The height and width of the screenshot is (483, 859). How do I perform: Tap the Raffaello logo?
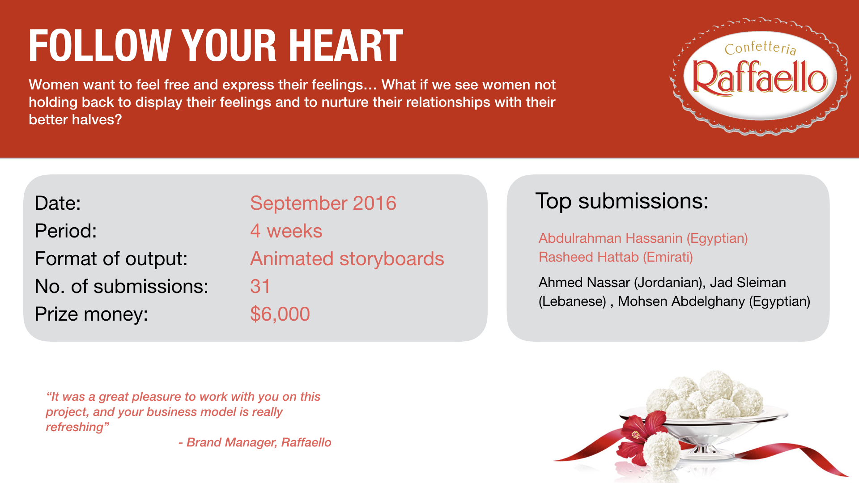[x=760, y=76]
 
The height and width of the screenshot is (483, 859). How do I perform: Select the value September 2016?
[x=323, y=203]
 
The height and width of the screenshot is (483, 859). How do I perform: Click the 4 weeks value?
[x=286, y=231]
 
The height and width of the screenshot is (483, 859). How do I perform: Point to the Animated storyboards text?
[x=347, y=258]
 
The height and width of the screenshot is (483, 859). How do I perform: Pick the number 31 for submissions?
[x=260, y=286]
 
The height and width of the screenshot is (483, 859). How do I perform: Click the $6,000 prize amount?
[x=280, y=314]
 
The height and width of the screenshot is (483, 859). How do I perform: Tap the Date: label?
[x=58, y=203]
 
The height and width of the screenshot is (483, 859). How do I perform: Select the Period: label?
[x=66, y=231]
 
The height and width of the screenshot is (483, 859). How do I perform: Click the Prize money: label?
[x=91, y=314]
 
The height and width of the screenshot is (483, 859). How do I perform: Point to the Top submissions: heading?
[x=622, y=201]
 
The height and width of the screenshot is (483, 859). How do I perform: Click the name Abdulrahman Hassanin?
[x=611, y=238]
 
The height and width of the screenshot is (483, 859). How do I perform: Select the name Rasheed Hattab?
[x=589, y=257]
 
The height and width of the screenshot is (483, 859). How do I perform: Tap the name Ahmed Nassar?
[x=584, y=283]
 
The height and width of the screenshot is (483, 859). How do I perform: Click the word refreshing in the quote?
[x=77, y=427]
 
